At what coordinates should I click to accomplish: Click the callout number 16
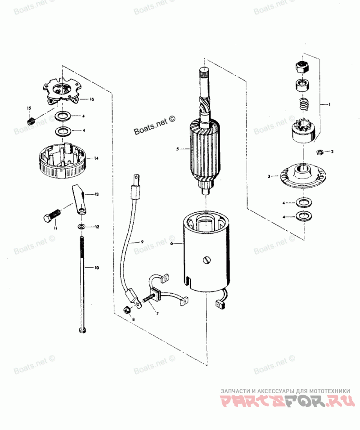91,99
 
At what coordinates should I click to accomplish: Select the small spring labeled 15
31,121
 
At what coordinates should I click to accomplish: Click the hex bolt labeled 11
50,215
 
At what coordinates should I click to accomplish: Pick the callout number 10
96,268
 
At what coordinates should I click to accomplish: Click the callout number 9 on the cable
141,242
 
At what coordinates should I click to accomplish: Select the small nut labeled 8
126,309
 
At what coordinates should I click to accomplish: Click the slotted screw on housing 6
206,260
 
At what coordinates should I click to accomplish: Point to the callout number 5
177,148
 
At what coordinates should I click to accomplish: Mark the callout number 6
171,243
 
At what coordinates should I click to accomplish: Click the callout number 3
269,177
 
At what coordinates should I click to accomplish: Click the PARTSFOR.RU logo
285,401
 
